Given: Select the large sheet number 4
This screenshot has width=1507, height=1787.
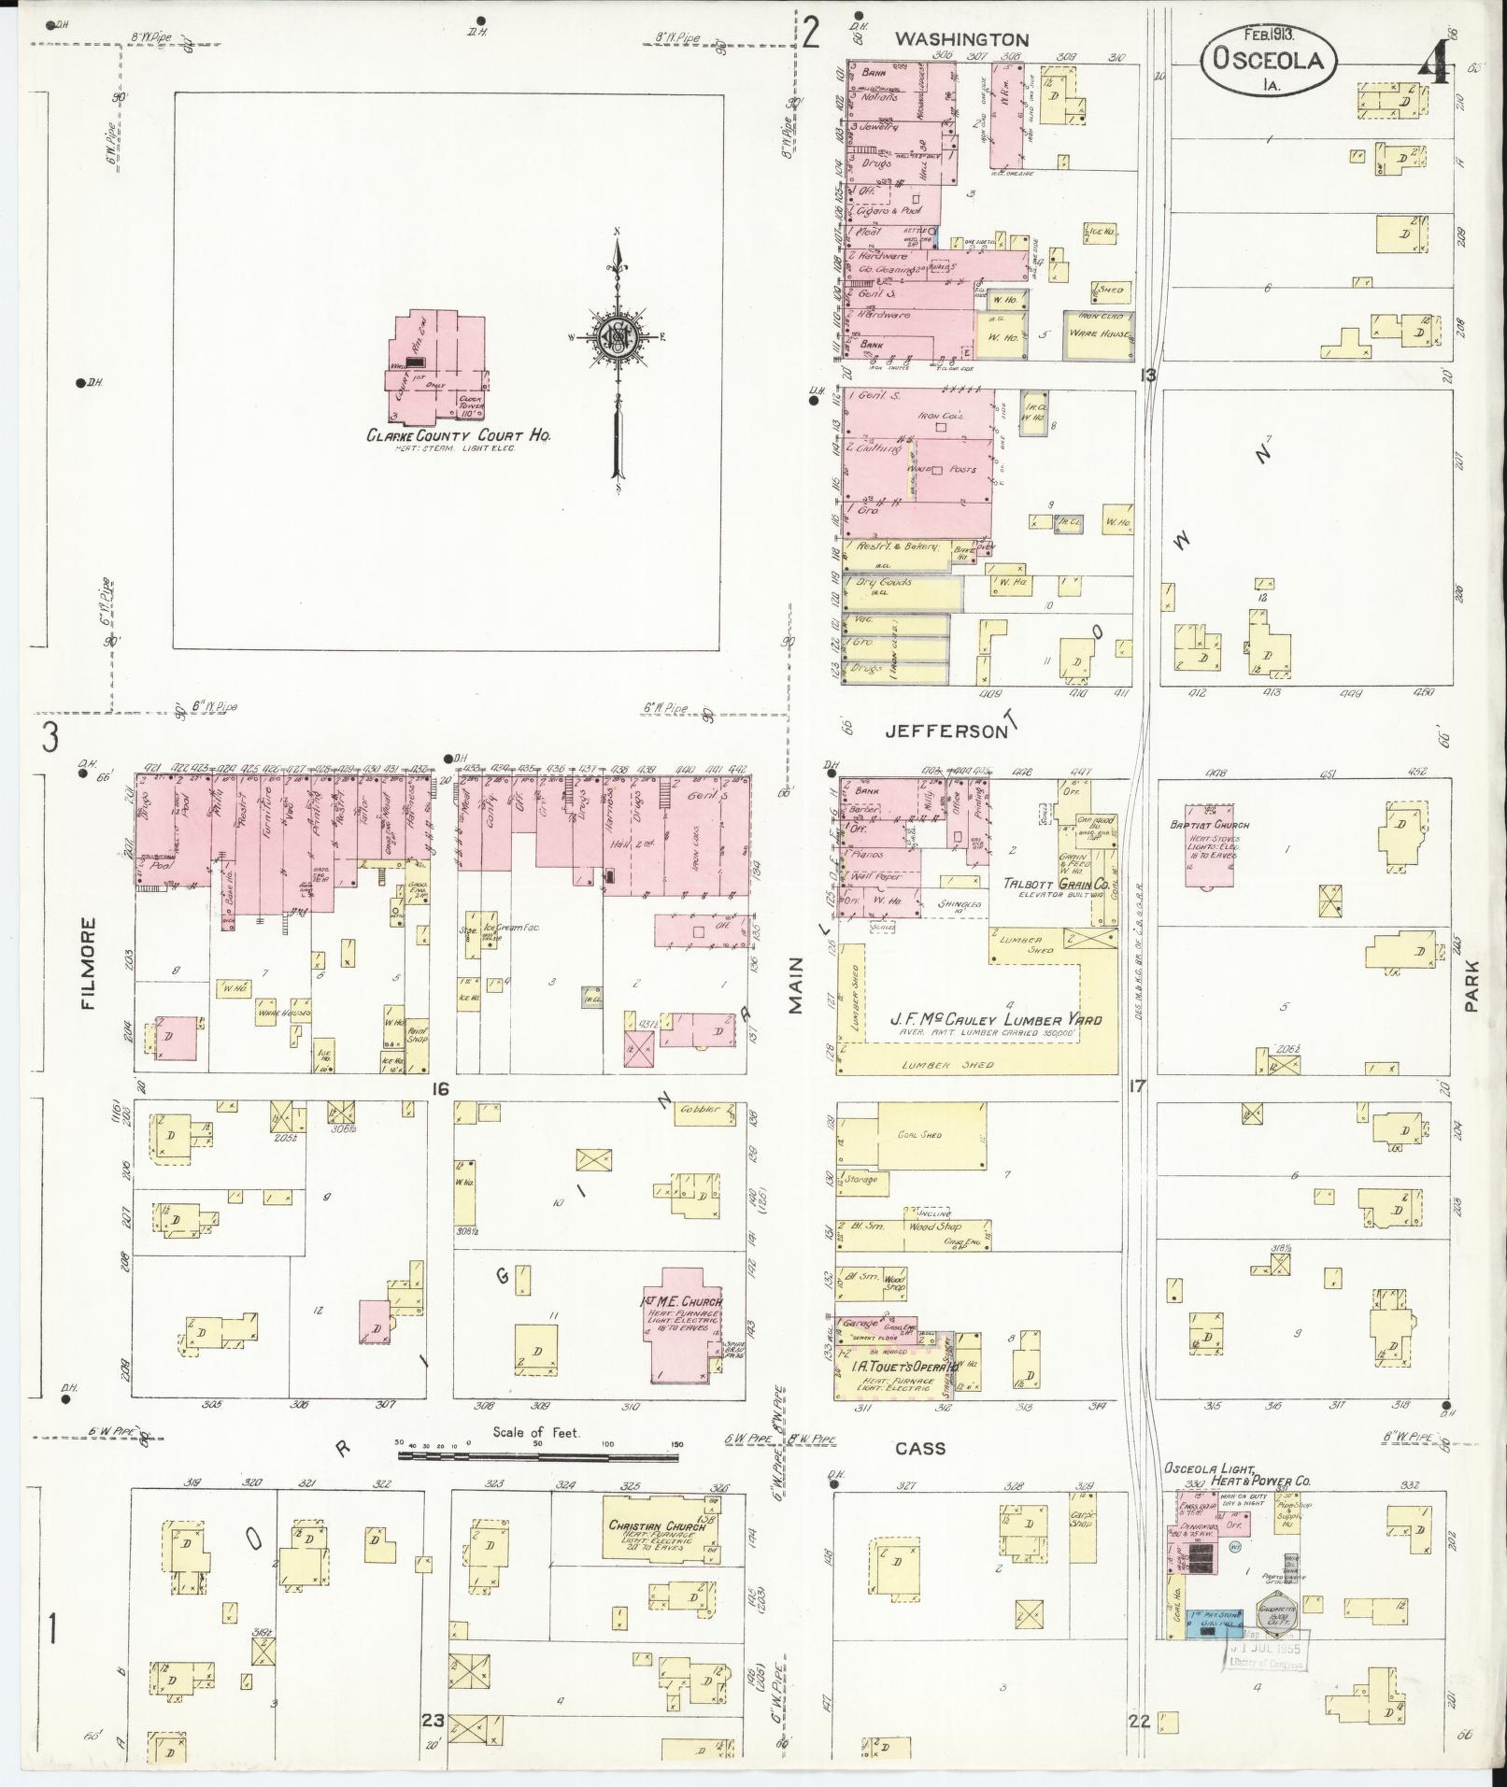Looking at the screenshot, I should [1434, 64].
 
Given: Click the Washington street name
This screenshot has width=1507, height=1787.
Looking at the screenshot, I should [961, 40].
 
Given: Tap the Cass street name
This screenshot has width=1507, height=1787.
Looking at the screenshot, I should [920, 1449].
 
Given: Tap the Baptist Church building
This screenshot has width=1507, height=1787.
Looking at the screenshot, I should [1217, 845].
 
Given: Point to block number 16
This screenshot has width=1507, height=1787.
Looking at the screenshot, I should [441, 1088].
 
